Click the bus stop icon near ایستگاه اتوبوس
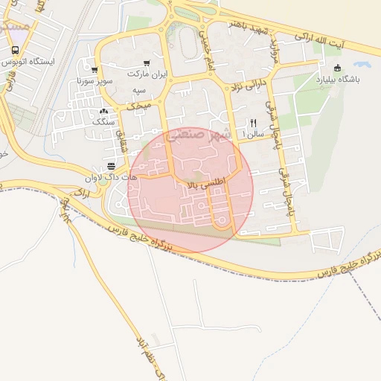coord(15,50)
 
